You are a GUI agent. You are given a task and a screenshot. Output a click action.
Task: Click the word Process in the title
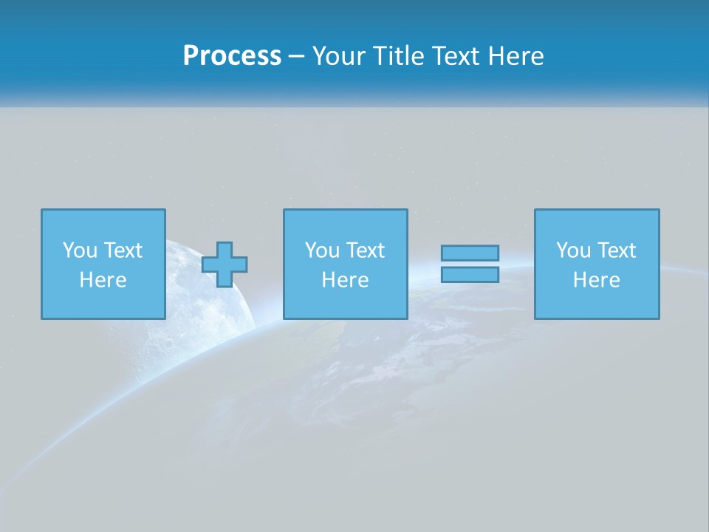click(232, 56)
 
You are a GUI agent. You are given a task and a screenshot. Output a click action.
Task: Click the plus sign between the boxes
click(225, 265)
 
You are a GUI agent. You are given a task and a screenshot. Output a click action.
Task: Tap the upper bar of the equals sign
click(470, 253)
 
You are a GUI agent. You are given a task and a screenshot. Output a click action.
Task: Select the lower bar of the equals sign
click(470, 275)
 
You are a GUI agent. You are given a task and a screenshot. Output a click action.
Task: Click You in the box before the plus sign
click(81, 250)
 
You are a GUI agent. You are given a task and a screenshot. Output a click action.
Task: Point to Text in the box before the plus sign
click(123, 250)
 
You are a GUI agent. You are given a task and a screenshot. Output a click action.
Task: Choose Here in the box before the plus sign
click(103, 280)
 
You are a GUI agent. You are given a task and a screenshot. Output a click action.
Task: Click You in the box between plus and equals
click(323, 250)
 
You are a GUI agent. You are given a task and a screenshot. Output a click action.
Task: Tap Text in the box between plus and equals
click(366, 250)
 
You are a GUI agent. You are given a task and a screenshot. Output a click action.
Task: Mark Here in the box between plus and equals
click(345, 280)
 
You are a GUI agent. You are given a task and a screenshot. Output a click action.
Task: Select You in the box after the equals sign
click(574, 250)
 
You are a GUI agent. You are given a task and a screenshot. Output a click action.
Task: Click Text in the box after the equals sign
click(617, 250)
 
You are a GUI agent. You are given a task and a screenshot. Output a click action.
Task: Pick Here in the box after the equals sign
click(596, 280)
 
